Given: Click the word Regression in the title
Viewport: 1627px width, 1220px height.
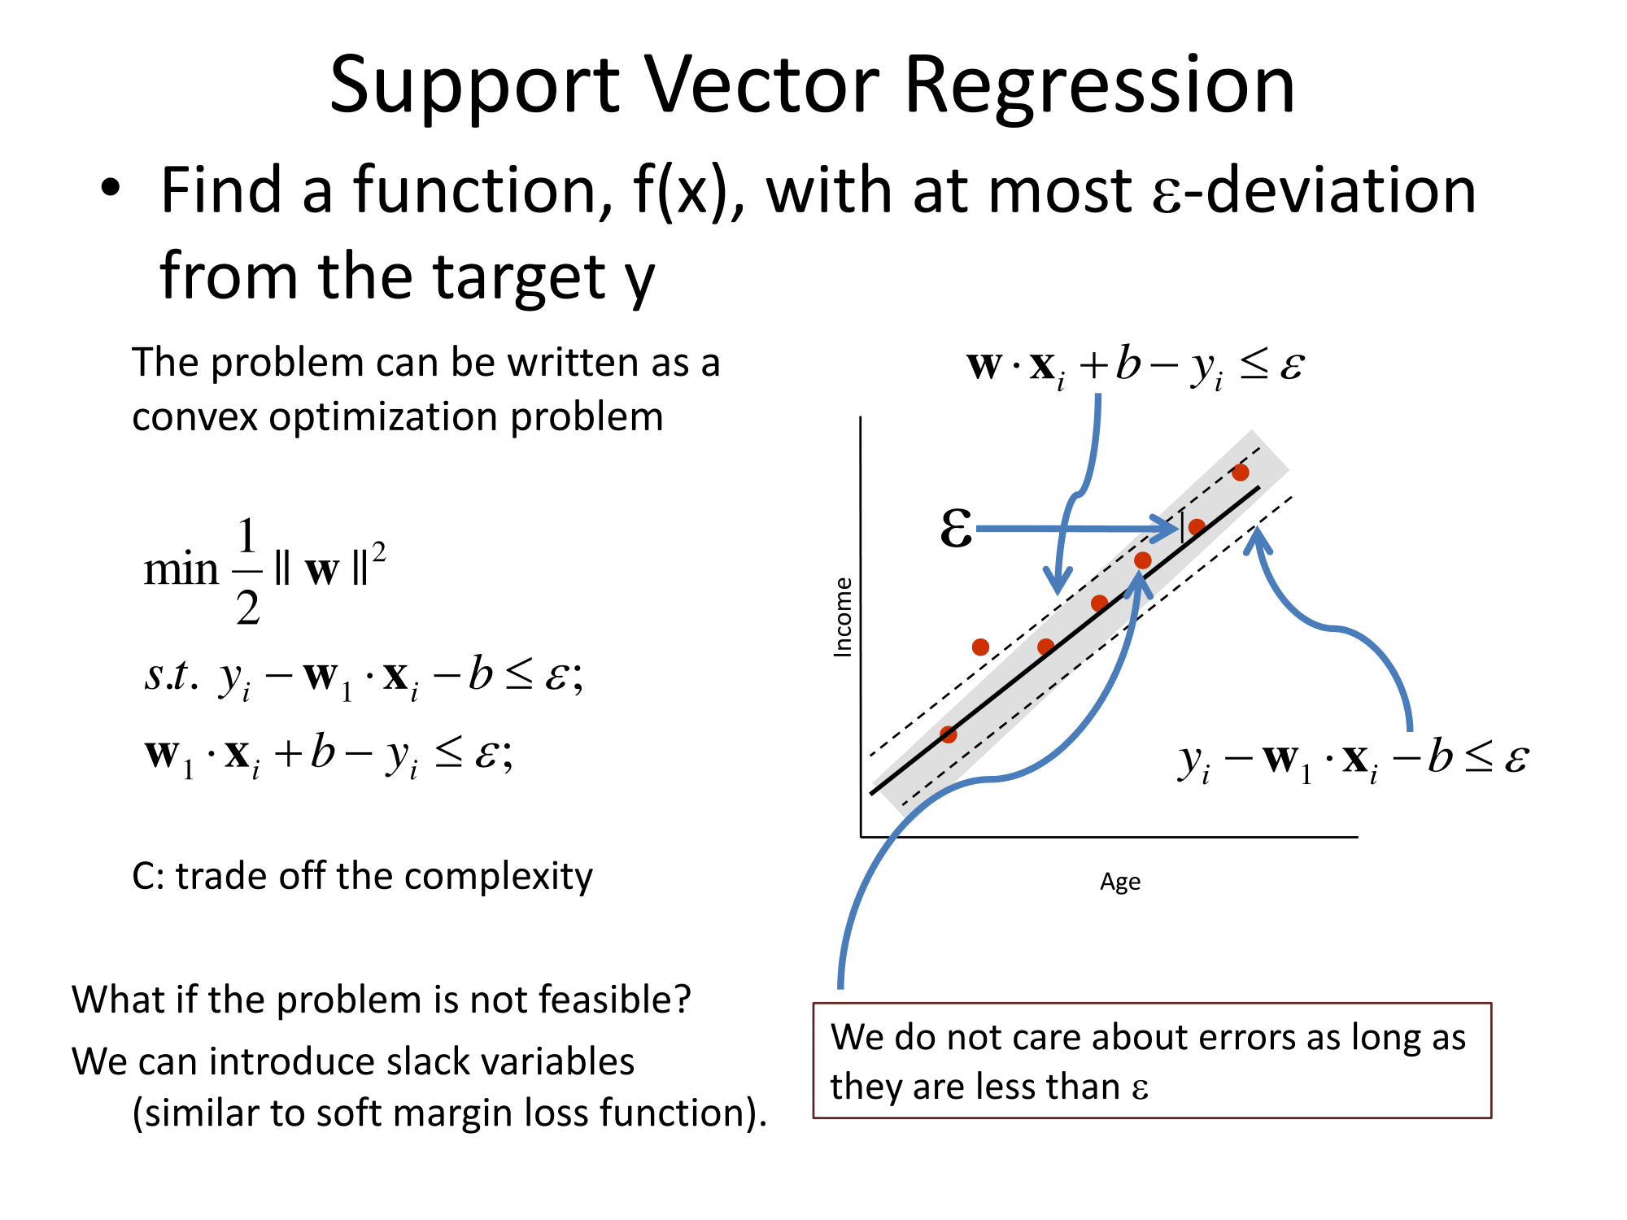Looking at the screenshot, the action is point(1099,89).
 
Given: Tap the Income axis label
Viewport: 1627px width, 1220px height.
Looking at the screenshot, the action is point(843,617).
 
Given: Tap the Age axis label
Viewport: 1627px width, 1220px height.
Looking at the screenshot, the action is point(1120,882).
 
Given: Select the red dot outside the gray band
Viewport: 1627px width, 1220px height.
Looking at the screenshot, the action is point(980,647).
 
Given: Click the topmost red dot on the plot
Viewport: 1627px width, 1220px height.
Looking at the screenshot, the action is point(1240,473).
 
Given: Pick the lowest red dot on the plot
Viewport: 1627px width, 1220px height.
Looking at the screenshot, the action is point(949,734).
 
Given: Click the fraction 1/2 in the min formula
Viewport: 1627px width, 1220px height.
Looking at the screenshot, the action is point(247,572).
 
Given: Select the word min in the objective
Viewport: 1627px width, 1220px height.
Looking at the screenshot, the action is point(181,569).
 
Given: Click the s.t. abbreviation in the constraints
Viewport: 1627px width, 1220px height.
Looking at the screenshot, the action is point(171,674).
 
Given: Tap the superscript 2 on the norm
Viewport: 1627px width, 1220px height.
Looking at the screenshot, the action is point(378,553).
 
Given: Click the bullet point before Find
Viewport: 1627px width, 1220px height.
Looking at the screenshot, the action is point(111,188).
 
